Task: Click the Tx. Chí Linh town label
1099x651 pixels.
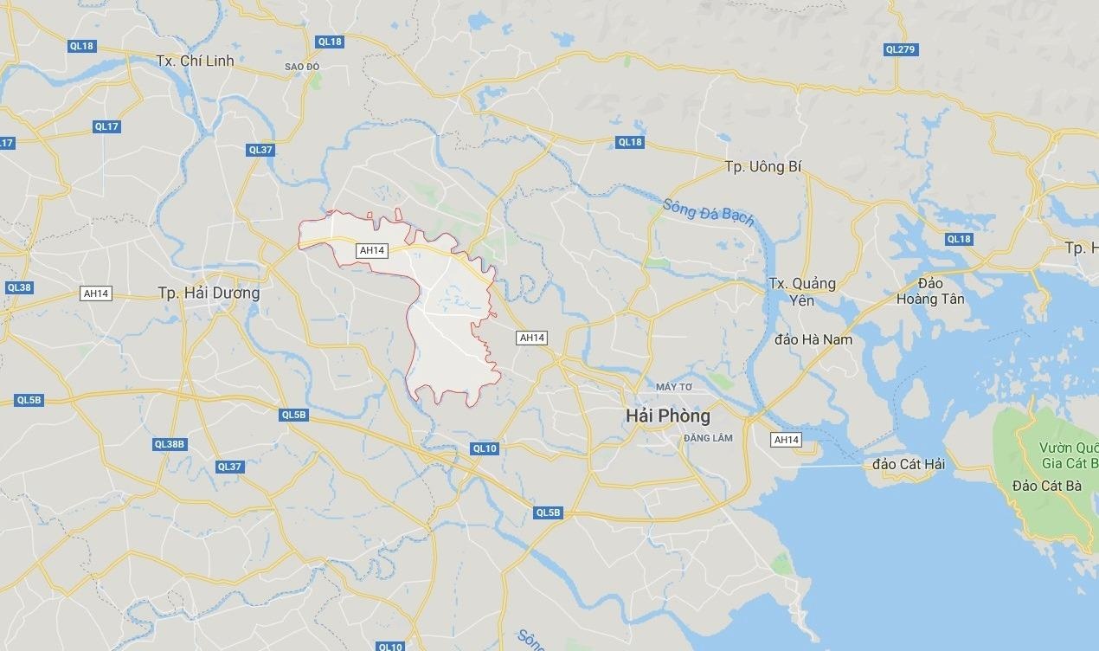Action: point(196,61)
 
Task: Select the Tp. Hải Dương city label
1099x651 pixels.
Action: point(209,293)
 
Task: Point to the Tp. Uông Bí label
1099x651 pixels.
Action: point(759,165)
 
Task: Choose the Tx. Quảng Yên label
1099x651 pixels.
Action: point(802,292)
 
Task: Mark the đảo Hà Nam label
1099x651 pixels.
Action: point(813,339)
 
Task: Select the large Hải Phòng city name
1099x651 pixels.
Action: point(667,416)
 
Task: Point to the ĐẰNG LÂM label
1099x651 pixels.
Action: point(708,438)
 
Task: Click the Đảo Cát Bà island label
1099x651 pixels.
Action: point(1047,486)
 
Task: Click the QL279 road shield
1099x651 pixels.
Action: point(900,49)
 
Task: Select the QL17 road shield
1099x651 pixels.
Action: point(106,126)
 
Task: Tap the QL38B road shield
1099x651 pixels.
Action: point(170,444)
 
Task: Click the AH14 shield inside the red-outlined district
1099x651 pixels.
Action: point(371,250)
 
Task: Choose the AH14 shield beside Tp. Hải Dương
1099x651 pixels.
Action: point(95,293)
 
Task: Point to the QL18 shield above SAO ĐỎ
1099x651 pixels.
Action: point(330,42)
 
